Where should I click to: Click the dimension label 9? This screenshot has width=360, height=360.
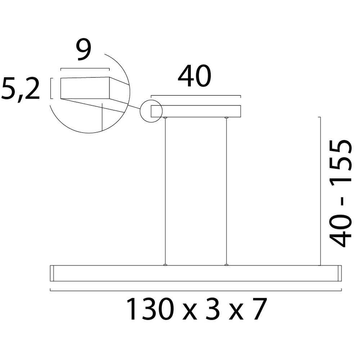[84, 51]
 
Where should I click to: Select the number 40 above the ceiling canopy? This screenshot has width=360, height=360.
[194, 77]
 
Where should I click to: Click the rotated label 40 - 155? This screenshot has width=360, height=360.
[341, 193]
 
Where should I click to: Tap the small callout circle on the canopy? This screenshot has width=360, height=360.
[151, 111]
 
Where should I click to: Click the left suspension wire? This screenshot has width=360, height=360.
[165, 191]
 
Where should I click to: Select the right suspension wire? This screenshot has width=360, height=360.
[226, 191]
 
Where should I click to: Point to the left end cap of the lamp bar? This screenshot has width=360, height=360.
[51, 273]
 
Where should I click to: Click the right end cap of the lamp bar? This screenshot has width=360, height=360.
[339, 273]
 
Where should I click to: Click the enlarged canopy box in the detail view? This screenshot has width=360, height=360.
[85, 88]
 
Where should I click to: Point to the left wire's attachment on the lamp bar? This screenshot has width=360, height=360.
[165, 265]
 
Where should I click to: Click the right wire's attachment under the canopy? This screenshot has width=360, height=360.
[226, 118]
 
